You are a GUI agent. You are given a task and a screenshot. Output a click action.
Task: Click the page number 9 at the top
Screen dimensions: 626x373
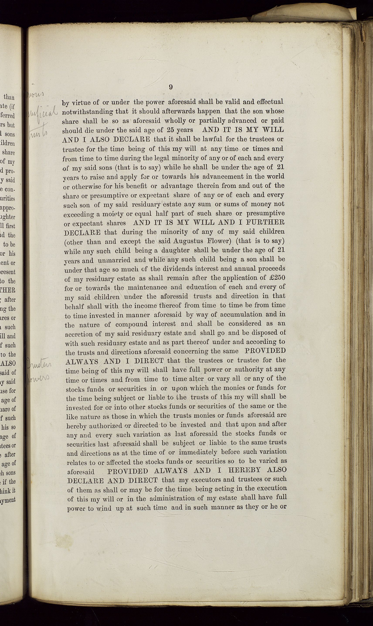pos(171,87)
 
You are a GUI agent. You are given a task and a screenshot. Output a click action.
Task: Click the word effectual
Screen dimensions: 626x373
pos(270,102)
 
